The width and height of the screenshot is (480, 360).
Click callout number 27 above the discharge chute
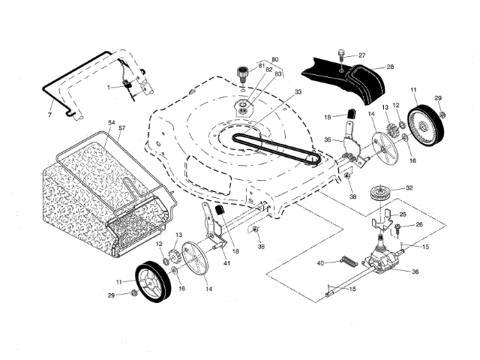point(362,55)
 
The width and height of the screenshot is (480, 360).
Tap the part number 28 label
point(391,67)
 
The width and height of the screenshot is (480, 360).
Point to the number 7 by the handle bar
point(49,115)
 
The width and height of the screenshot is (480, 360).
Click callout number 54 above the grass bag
point(111,121)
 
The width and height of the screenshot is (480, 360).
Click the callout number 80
point(274,58)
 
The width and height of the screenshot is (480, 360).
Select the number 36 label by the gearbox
point(415,272)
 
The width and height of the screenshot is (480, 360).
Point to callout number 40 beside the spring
point(321,263)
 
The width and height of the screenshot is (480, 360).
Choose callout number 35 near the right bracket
point(327,139)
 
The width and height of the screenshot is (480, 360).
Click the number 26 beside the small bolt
point(418,223)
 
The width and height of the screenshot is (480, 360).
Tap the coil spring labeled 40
point(346,261)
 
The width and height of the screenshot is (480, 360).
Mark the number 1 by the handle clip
point(109,88)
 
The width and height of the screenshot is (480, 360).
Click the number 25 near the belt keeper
point(402,215)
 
